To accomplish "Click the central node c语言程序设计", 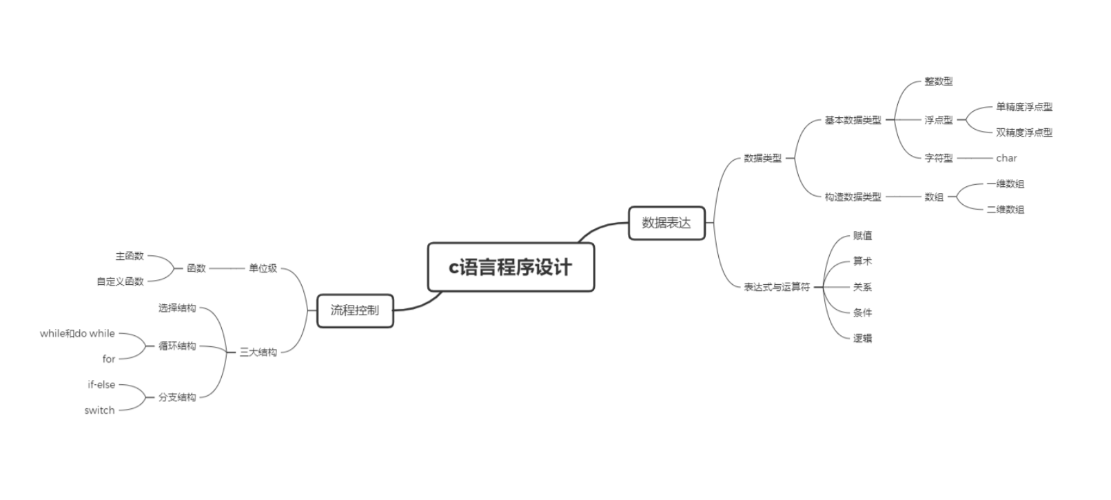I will (x=511, y=267).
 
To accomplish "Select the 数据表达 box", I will (x=666, y=223).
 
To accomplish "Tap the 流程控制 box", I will (x=355, y=310).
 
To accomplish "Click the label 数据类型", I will (x=762, y=158).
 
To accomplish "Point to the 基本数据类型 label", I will (x=853, y=120).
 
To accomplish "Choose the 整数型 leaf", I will (x=938, y=81).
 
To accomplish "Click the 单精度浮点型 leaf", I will (x=1023, y=107).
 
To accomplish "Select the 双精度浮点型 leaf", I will (x=1023, y=132).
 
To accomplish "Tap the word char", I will (x=1006, y=158).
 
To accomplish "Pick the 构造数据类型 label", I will (x=853, y=197).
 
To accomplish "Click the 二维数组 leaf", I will (x=1005, y=210).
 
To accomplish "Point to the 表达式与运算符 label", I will (x=776, y=287).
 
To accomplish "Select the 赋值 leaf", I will (x=862, y=236).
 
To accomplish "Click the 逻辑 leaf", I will (x=862, y=338).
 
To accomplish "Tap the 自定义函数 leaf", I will (x=120, y=281).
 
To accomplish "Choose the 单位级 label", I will (x=263, y=268).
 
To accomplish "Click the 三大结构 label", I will (x=258, y=352).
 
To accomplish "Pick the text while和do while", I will (x=77, y=334).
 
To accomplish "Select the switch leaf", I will (x=99, y=410).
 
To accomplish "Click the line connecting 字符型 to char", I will (x=974, y=159).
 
